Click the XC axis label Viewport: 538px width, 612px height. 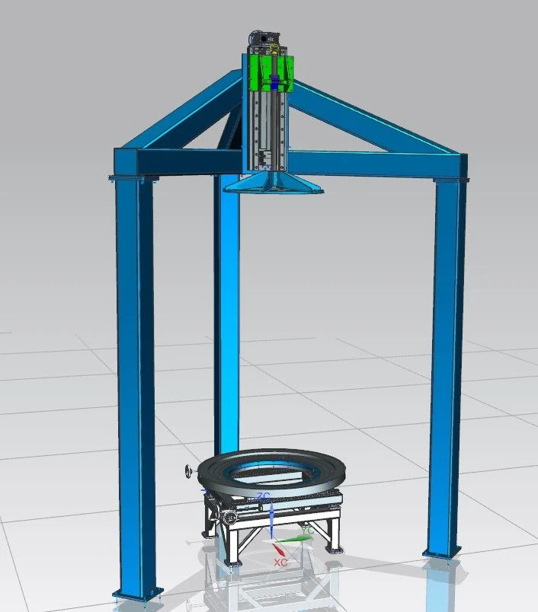pyautogui.click(x=280, y=562)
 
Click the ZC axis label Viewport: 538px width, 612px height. pyautogui.click(x=263, y=496)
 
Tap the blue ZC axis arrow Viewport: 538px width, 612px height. pyautogui.click(x=272, y=518)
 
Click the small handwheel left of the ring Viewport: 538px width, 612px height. pyautogui.click(x=189, y=473)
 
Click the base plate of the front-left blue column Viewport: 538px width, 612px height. pyautogui.click(x=137, y=593)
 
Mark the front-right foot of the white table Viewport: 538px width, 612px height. pyautogui.click(x=333, y=546)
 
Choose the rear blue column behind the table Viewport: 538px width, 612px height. pyautogui.click(x=226, y=320)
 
